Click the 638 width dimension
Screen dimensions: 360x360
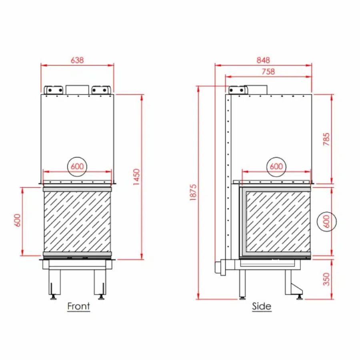[x=77, y=60]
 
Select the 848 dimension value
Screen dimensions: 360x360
[x=263, y=60]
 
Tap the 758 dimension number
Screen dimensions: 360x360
[x=268, y=72]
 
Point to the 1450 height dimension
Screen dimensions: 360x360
[x=136, y=177]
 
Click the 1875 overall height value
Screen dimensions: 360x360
[x=193, y=192]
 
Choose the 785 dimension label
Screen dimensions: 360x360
[x=326, y=139]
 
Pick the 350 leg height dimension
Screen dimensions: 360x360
[x=326, y=279]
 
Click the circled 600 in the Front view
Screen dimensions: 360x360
[x=77, y=166]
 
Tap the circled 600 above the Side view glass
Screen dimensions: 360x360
[x=276, y=166]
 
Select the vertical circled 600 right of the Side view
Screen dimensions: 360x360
[x=326, y=222]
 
